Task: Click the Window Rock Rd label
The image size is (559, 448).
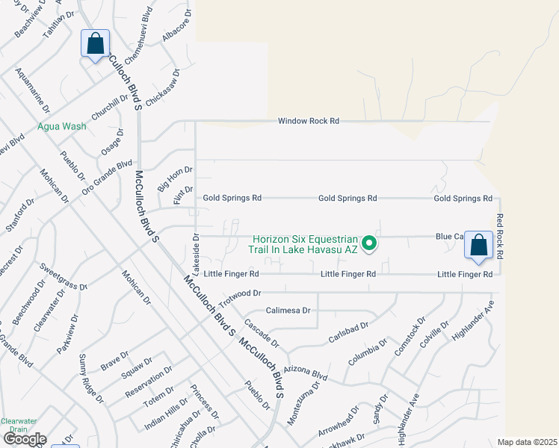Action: (309, 121)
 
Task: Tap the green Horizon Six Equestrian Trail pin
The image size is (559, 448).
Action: (368, 243)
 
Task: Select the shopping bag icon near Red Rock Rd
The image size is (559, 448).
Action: (478, 245)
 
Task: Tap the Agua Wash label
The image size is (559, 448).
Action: (62, 126)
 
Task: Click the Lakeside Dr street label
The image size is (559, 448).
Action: (196, 249)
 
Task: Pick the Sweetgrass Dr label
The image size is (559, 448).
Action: (64, 276)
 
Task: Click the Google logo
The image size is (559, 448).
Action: (25, 439)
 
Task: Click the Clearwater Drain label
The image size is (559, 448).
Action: (19, 425)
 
